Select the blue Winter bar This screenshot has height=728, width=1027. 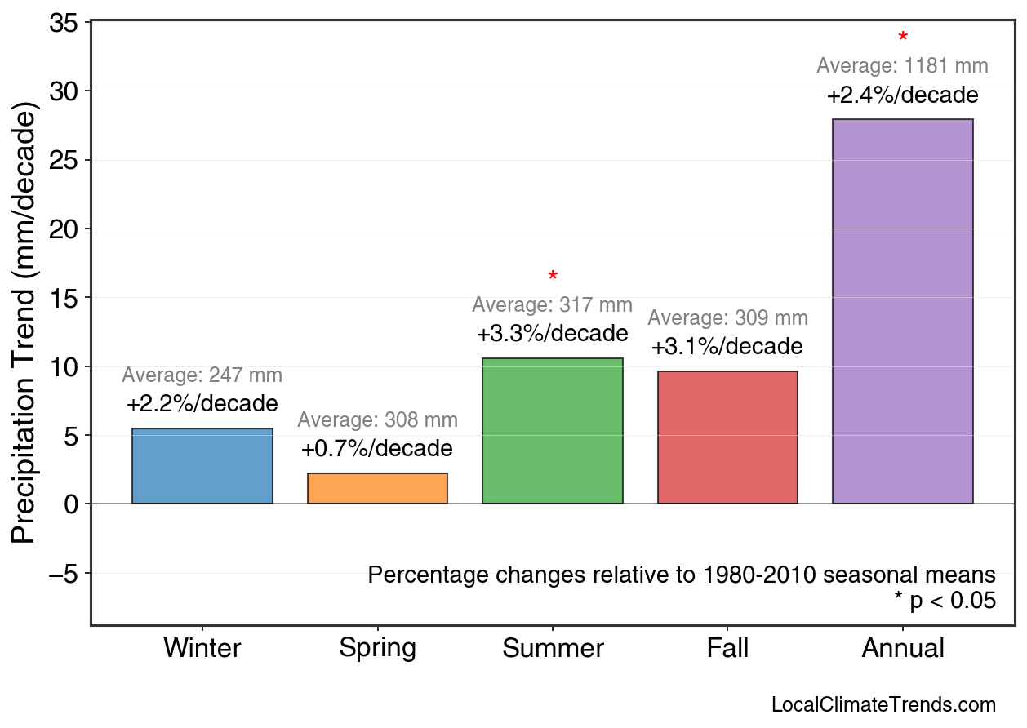(x=202, y=466)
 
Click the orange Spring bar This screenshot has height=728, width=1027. (x=377, y=488)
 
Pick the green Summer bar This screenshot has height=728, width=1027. (x=553, y=431)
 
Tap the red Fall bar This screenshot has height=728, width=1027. (x=727, y=437)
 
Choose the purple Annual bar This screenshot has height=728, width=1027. (x=902, y=311)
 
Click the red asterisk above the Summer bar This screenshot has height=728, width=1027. (x=553, y=277)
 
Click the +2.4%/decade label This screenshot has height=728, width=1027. (x=902, y=95)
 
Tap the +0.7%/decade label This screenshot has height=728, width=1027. (x=377, y=449)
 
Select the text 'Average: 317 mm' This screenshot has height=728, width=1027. (x=553, y=305)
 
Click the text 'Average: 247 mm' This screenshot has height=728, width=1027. (x=202, y=375)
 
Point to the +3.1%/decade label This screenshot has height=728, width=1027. (x=727, y=347)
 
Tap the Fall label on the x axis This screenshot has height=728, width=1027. (x=727, y=648)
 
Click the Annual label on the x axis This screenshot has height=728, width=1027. (x=902, y=648)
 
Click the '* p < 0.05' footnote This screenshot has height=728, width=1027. (x=945, y=601)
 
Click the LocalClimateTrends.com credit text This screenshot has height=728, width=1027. (x=883, y=705)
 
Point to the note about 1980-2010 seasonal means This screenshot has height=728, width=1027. (x=682, y=575)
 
